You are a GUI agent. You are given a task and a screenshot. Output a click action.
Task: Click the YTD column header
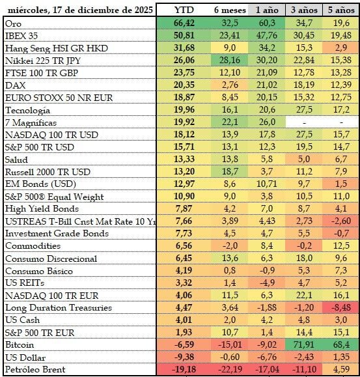click(184, 10)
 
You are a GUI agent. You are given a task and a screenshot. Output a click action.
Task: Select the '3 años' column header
click(304, 10)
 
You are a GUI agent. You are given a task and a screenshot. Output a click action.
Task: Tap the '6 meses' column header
click(230, 10)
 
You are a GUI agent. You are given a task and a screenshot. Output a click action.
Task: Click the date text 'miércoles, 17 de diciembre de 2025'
click(80, 10)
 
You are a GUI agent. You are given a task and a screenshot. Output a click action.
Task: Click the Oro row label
click(13, 23)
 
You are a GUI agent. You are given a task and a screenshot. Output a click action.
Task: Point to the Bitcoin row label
click(20, 345)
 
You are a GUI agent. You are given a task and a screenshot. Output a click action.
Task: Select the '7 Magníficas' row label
click(31, 122)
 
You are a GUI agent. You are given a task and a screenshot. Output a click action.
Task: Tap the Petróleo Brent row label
click(35, 369)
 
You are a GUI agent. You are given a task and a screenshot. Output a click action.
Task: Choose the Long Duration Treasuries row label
click(59, 308)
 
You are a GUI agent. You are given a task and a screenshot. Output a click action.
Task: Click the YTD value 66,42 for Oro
click(184, 23)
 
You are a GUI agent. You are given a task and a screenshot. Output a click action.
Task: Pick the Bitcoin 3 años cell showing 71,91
click(304, 344)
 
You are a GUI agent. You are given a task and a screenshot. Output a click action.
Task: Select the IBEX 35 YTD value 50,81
click(184, 35)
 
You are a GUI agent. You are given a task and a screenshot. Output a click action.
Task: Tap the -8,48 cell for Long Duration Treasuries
click(341, 307)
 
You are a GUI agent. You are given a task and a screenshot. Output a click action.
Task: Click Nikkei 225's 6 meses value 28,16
click(230, 60)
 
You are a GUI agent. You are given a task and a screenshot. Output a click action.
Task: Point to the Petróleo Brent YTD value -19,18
click(185, 369)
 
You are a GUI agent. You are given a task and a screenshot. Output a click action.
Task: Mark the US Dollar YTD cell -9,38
click(184, 357)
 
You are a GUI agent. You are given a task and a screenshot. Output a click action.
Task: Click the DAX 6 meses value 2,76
click(230, 85)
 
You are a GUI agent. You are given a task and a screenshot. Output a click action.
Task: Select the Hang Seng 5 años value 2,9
click(341, 48)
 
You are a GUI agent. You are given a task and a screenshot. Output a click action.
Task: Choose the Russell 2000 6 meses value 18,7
click(230, 171)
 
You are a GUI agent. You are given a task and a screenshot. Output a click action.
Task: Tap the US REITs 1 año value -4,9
click(267, 283)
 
